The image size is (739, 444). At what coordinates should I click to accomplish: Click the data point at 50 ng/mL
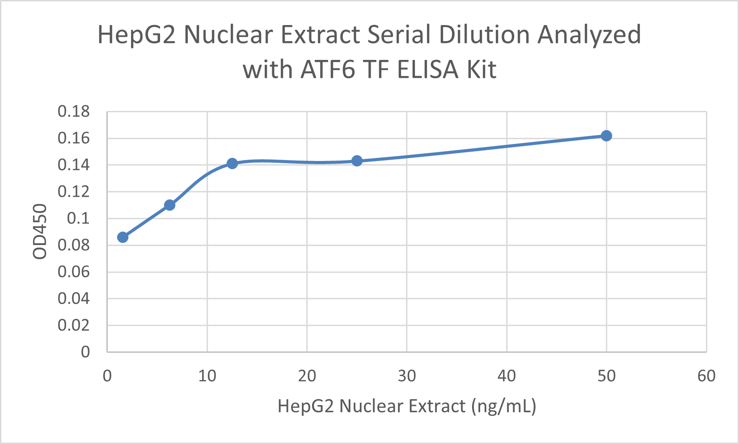tap(606, 136)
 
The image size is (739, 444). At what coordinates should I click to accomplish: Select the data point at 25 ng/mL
tap(357, 161)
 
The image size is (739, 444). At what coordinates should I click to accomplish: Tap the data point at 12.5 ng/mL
tap(232, 164)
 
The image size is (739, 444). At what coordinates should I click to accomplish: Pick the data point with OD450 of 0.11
tap(169, 205)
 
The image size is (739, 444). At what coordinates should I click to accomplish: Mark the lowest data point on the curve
tap(122, 237)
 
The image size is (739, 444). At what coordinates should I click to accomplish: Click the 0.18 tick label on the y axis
tap(74, 112)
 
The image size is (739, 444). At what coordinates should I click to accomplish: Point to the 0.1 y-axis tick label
tap(78, 219)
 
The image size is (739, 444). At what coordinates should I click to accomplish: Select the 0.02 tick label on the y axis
tap(74, 326)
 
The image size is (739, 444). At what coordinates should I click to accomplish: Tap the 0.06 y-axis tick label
tap(74, 272)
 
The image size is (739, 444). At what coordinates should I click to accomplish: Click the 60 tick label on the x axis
tap(706, 376)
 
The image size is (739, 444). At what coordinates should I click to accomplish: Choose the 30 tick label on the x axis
tap(407, 376)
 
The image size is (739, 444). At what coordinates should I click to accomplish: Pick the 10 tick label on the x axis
tap(207, 376)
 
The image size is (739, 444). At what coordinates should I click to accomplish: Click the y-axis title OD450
tap(40, 231)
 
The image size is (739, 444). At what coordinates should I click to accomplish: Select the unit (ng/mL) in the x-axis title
tap(503, 406)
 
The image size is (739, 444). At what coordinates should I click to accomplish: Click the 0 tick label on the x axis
tap(107, 376)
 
